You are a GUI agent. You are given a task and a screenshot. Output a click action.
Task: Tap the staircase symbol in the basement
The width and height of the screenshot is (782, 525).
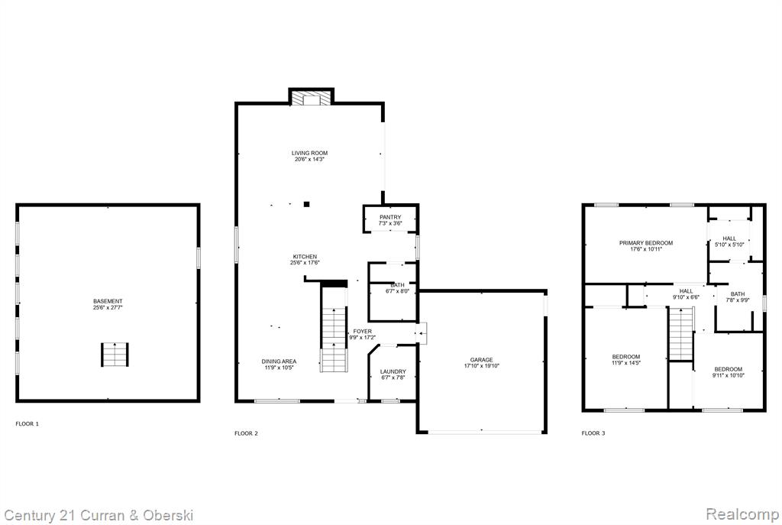tap(115, 355)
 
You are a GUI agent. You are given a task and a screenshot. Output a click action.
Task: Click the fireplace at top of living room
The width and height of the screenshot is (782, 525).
tap(312, 98)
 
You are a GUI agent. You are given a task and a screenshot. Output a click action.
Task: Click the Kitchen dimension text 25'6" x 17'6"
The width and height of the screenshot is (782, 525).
tap(305, 263)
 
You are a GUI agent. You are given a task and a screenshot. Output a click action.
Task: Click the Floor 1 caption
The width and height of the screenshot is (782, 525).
tap(27, 423)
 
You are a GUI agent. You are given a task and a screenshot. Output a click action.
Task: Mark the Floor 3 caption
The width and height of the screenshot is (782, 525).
tap(593, 433)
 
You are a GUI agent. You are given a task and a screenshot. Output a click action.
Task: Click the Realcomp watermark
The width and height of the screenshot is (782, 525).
tap(742, 514)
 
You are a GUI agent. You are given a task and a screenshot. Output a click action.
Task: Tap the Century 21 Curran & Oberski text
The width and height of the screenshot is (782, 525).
tap(99, 516)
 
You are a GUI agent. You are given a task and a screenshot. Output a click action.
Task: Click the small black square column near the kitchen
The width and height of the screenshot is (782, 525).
tap(307, 204)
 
